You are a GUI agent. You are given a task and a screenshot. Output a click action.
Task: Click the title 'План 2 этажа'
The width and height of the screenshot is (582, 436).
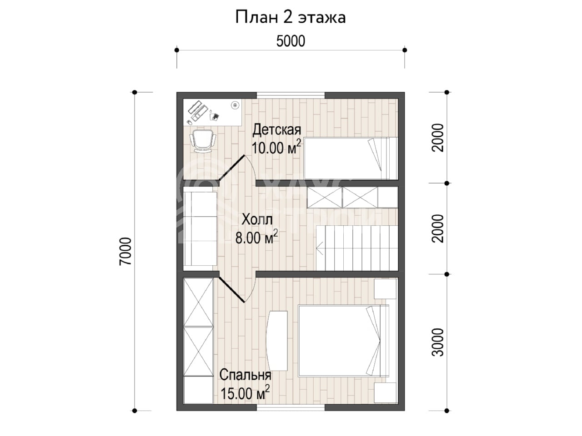tap(291, 17)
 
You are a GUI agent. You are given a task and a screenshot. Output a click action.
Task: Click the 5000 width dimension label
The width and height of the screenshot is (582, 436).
tap(291, 41)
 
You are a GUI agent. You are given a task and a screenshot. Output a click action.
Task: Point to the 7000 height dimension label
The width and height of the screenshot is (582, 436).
tap(125, 251)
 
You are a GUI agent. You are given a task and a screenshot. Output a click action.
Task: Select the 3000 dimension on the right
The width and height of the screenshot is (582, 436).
tap(437, 342)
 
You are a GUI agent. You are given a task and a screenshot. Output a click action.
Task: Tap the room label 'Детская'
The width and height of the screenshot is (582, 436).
tap(277, 130)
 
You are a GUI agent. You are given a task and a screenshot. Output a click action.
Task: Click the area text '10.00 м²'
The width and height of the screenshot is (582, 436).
tap(276, 147)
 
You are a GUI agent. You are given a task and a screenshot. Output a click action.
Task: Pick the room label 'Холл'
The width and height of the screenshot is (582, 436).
tap(257, 219)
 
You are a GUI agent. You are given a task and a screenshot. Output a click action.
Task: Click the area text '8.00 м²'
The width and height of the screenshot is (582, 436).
tap(256, 237)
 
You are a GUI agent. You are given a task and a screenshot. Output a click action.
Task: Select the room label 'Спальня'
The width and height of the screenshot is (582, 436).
tap(245, 375)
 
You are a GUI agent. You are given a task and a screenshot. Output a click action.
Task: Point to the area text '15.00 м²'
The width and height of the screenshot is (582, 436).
tap(245, 392)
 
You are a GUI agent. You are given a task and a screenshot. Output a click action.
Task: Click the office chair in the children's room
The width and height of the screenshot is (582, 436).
tap(203, 141)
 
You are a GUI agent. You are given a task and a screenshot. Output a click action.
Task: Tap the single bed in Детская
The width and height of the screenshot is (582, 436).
tap(351, 158)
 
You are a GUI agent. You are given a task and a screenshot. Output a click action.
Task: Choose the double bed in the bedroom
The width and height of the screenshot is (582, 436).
tap(344, 341)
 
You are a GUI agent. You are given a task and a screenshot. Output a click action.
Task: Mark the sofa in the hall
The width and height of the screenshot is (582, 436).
tap(201, 229)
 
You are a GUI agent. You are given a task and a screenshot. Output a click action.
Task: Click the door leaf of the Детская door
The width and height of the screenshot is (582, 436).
tap(232, 168)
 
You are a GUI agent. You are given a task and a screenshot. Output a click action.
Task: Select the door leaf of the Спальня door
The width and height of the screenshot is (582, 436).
tap(232, 289)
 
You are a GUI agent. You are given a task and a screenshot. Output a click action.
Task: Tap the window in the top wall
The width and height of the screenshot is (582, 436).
tap(291, 95)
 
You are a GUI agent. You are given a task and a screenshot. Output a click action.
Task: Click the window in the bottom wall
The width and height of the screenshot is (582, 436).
tap(291, 407)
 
